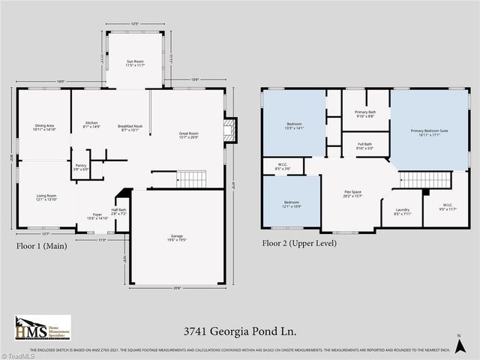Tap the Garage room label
(176, 237)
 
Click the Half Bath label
(118, 212)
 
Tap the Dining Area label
(45, 127)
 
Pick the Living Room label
(46, 197)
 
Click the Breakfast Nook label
(130, 127)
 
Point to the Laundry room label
(403, 211)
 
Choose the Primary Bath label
(366, 113)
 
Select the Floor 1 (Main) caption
(43, 245)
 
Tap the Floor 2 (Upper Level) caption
(299, 242)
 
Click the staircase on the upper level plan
(425, 180)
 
